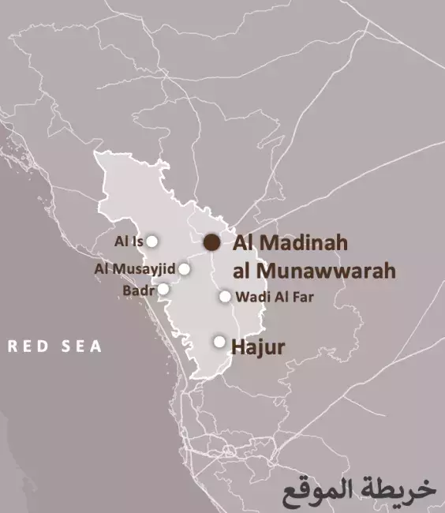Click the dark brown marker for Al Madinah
pyautogui.click(x=211, y=242)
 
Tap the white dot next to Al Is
pyautogui.click(x=152, y=242)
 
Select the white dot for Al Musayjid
pyautogui.click(x=184, y=268)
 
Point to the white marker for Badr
pyautogui.click(x=163, y=289)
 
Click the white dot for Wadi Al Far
pyautogui.click(x=225, y=297)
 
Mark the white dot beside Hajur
pyautogui.click(x=219, y=342)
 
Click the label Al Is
pyautogui.click(x=129, y=242)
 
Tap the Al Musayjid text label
pyautogui.click(x=134, y=269)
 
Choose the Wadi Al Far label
pyautogui.click(x=269, y=298)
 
